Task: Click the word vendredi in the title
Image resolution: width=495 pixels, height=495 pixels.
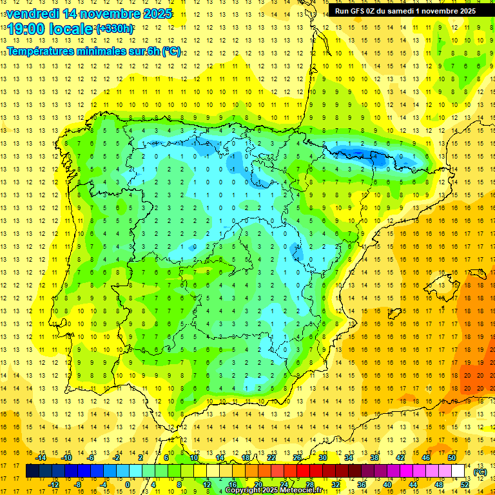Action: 30,13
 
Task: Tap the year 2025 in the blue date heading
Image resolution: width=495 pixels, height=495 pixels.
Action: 155,13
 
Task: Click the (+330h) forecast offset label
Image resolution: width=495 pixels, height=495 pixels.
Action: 115,28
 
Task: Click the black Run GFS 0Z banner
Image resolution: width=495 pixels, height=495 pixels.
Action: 405,10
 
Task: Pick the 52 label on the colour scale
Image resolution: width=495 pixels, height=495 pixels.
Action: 465,485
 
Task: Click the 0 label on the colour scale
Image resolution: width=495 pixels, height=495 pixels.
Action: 127,485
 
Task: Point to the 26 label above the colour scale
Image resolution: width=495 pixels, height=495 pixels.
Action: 297,458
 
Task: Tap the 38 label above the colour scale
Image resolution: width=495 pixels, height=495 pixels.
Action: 374,458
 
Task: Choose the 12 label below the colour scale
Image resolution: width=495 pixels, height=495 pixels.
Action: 207,485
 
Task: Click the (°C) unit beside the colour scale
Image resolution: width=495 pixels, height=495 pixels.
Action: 481,472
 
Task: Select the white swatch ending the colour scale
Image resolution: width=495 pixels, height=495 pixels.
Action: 458,471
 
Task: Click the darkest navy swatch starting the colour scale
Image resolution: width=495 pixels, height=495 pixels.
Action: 32,471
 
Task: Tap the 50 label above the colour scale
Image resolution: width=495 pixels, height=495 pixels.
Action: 452,458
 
